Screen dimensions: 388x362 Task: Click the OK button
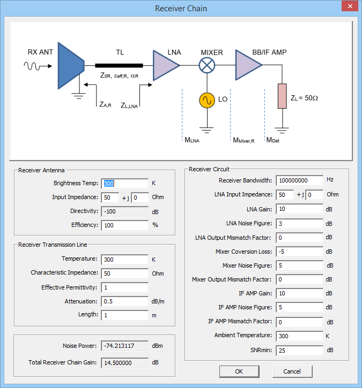[x=239, y=371]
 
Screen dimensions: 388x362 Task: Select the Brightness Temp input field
[x=124, y=183]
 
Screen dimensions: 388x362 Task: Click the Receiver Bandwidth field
[x=299, y=180]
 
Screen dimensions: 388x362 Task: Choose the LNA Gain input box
[x=299, y=209]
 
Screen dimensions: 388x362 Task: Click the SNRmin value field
[x=299, y=350]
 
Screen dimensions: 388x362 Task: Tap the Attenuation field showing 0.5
[x=124, y=301]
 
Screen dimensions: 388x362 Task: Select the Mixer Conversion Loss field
[x=299, y=251]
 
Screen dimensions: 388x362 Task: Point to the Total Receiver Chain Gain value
[x=124, y=362]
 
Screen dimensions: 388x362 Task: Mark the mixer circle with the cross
[x=207, y=65]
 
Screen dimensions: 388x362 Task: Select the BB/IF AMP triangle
[x=247, y=65]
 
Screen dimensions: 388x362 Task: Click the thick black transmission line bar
[x=123, y=65]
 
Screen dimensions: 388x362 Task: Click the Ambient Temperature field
[x=299, y=336]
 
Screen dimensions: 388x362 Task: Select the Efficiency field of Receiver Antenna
[x=124, y=225]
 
